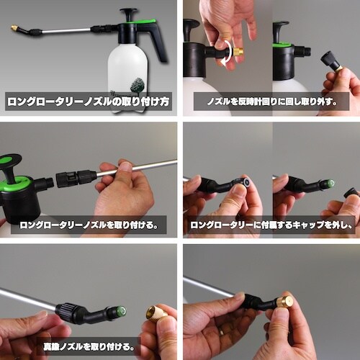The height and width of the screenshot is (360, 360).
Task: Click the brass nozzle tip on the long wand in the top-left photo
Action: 14,28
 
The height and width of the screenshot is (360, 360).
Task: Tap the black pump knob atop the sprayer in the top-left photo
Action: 129,13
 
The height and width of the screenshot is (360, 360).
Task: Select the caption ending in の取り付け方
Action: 89,102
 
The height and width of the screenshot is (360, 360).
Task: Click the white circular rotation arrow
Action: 230,53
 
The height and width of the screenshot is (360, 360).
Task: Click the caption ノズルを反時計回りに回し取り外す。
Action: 271,102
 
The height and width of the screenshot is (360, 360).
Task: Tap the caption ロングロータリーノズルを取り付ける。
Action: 89,225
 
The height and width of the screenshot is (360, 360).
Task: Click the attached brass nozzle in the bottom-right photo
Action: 283,302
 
